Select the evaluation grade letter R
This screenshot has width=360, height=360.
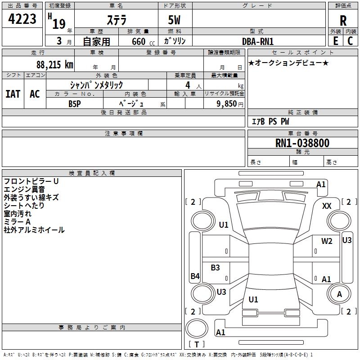click(x=343, y=21)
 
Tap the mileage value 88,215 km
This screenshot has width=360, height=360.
click(x=54, y=65)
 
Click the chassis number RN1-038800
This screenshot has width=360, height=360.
click(x=302, y=144)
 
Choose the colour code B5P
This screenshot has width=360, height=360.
click(x=75, y=103)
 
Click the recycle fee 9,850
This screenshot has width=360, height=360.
click(x=225, y=103)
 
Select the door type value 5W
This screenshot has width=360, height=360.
click(x=175, y=20)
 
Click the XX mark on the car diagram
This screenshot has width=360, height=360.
click(x=327, y=206)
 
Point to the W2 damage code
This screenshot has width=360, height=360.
click(x=327, y=241)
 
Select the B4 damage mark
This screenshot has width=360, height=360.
click(x=195, y=276)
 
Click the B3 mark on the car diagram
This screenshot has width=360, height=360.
click(x=216, y=268)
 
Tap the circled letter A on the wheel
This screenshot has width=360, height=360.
click(x=339, y=294)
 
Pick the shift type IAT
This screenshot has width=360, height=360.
click(x=13, y=94)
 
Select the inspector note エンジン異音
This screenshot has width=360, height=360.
click(x=24, y=189)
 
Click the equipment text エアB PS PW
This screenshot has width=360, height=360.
click(x=270, y=121)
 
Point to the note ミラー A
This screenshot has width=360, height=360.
click(x=17, y=222)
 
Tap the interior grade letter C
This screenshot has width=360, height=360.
click(x=350, y=41)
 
